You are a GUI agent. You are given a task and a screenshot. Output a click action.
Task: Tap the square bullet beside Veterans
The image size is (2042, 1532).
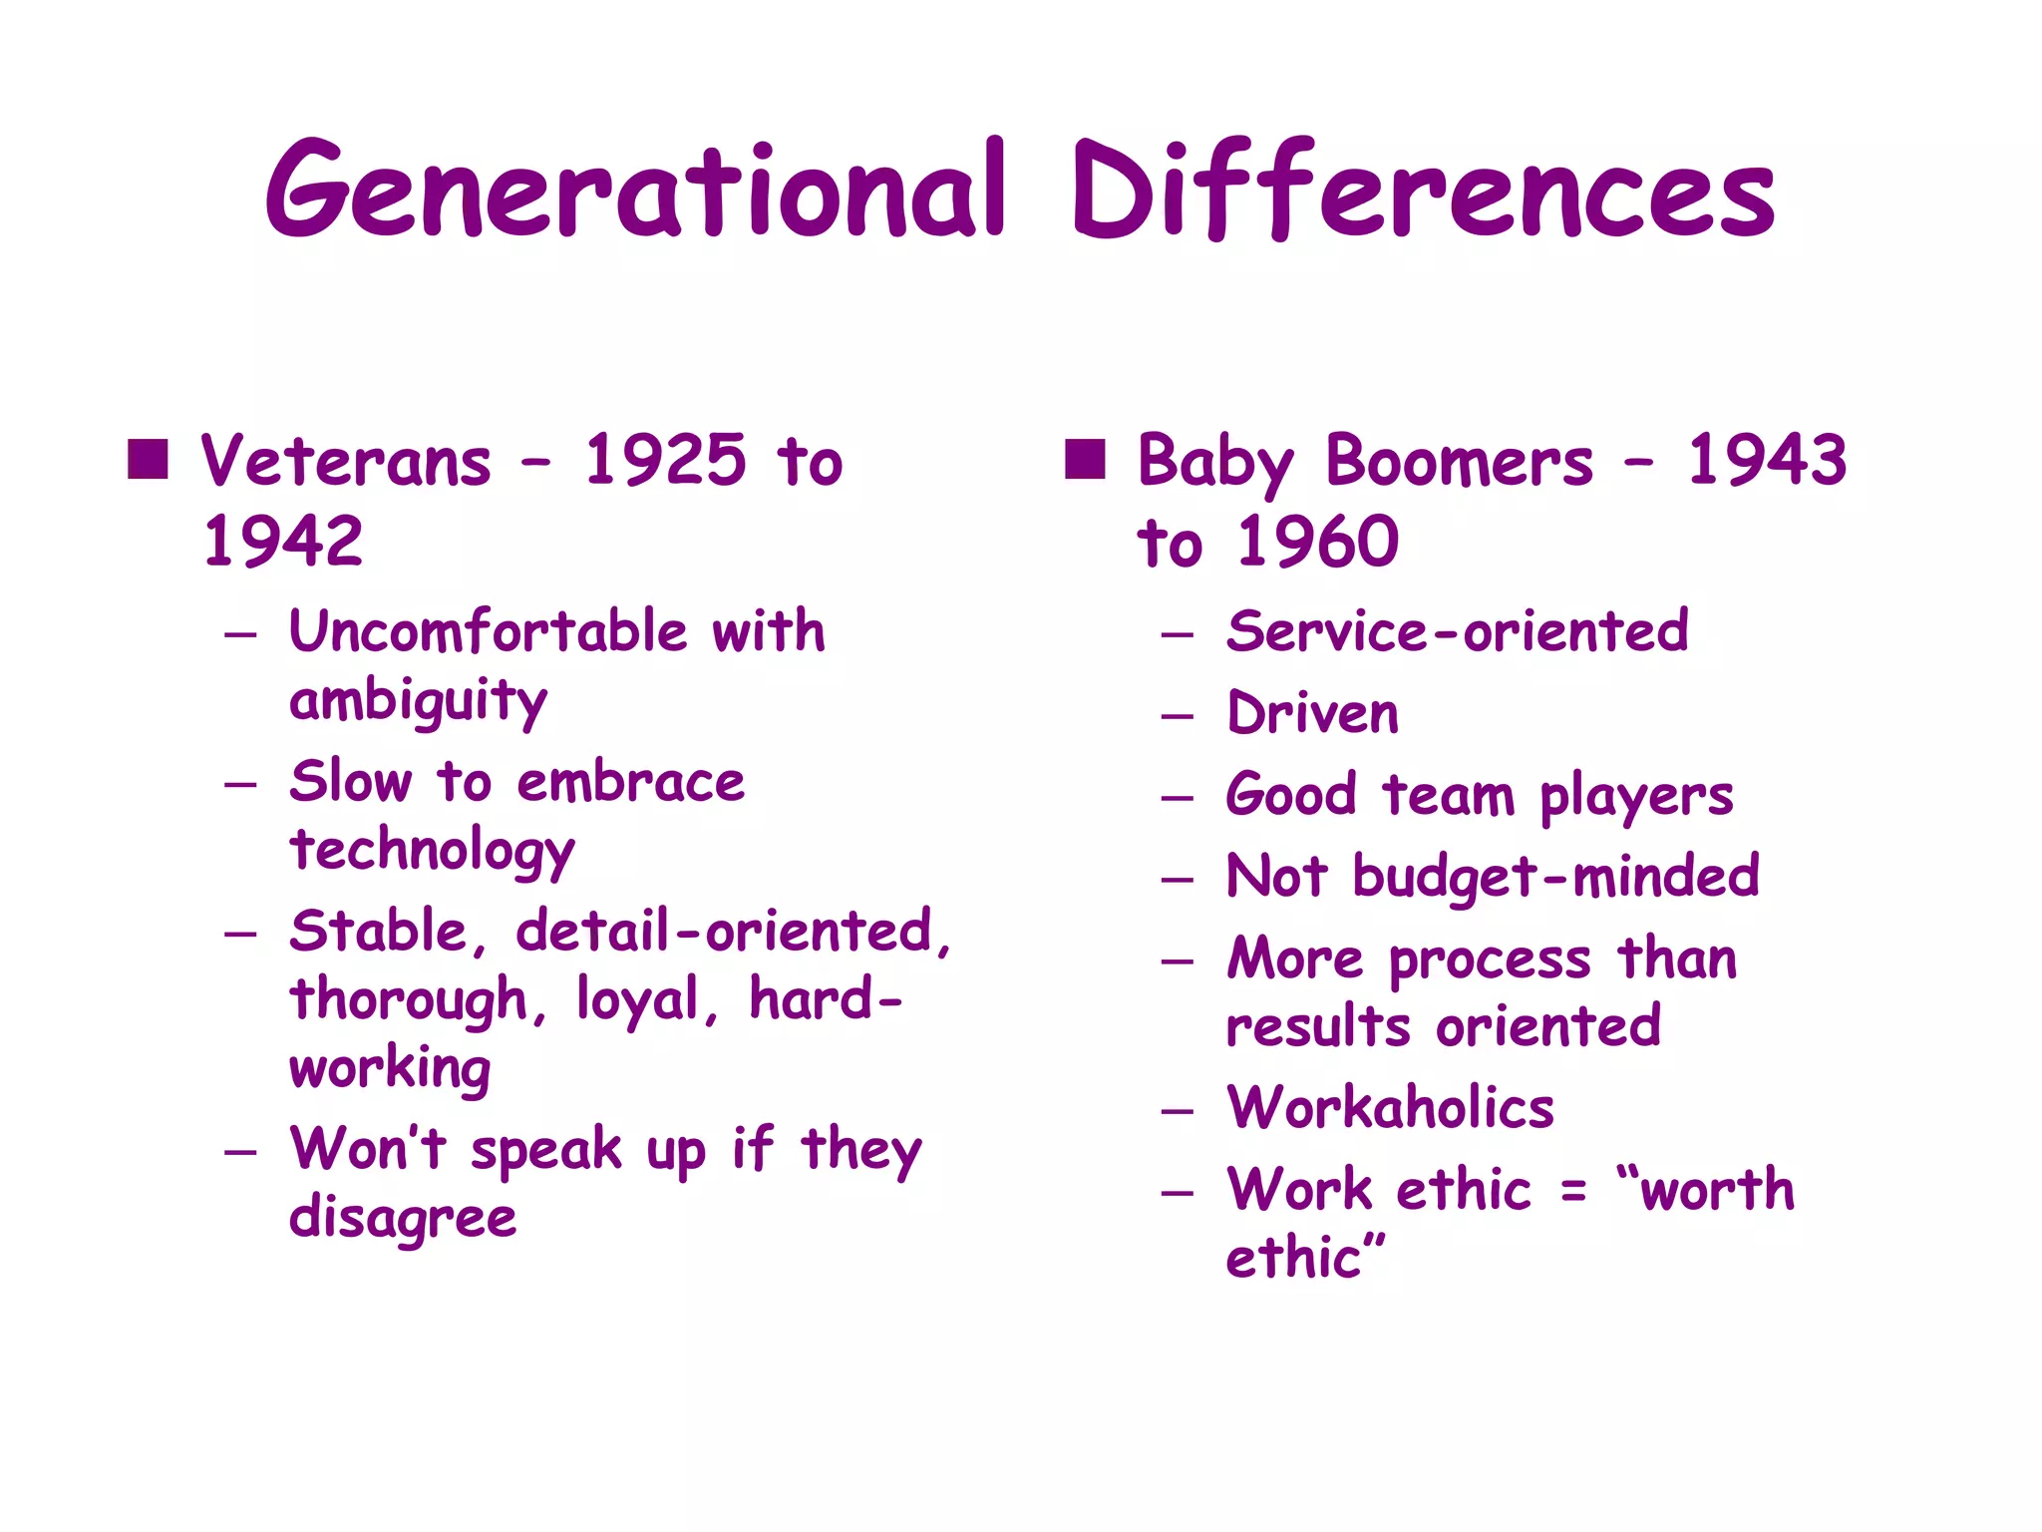(x=148, y=460)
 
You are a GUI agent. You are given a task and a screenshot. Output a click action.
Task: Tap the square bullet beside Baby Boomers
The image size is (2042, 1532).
(x=1085, y=460)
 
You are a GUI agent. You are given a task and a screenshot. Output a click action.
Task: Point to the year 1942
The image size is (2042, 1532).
(x=283, y=542)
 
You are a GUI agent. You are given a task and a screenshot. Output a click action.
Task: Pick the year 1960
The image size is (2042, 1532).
(x=1318, y=542)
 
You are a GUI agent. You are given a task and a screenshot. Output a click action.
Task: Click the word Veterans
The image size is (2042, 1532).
(x=346, y=462)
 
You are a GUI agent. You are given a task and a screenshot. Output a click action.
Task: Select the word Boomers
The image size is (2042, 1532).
(x=1460, y=462)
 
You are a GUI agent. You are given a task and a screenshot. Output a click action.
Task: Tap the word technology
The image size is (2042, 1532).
(x=432, y=852)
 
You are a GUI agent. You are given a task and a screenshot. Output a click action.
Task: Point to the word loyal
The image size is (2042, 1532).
(x=638, y=999)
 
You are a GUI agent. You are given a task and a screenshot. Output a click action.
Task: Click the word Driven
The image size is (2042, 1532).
(x=1312, y=714)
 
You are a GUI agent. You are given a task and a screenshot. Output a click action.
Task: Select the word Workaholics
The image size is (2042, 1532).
(x=1390, y=1107)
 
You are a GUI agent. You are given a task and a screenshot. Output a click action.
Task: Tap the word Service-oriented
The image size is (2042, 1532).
(x=1457, y=631)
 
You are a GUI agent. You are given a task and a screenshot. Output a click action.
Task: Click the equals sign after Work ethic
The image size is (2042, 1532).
(x=1573, y=1191)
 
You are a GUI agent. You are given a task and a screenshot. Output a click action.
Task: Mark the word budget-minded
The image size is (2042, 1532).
(x=1555, y=878)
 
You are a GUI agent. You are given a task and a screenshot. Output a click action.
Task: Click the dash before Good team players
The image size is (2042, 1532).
(x=1178, y=798)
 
